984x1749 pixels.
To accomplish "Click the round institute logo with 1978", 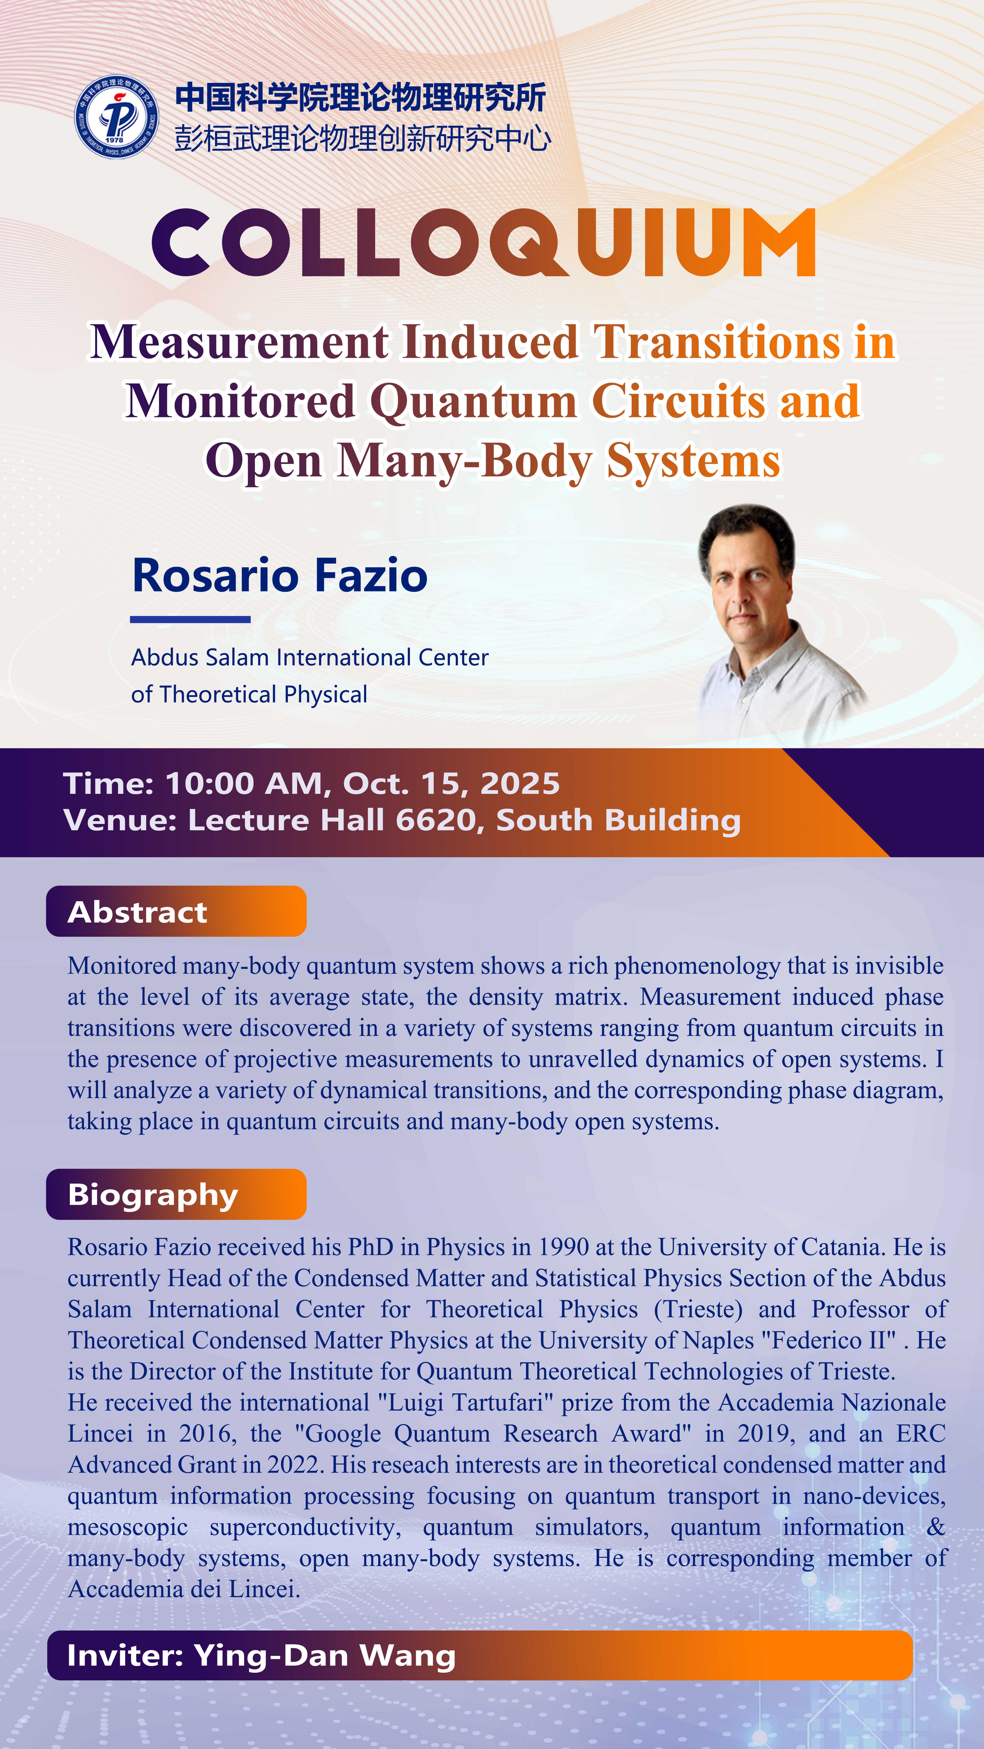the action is (x=117, y=117).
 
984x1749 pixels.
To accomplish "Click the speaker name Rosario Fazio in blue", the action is (x=280, y=575).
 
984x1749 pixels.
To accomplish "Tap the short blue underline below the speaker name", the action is (x=190, y=619).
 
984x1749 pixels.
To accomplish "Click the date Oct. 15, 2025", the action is (x=452, y=784).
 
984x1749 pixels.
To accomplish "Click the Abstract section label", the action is (x=138, y=912).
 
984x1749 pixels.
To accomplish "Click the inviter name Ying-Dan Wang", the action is (x=325, y=1656).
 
